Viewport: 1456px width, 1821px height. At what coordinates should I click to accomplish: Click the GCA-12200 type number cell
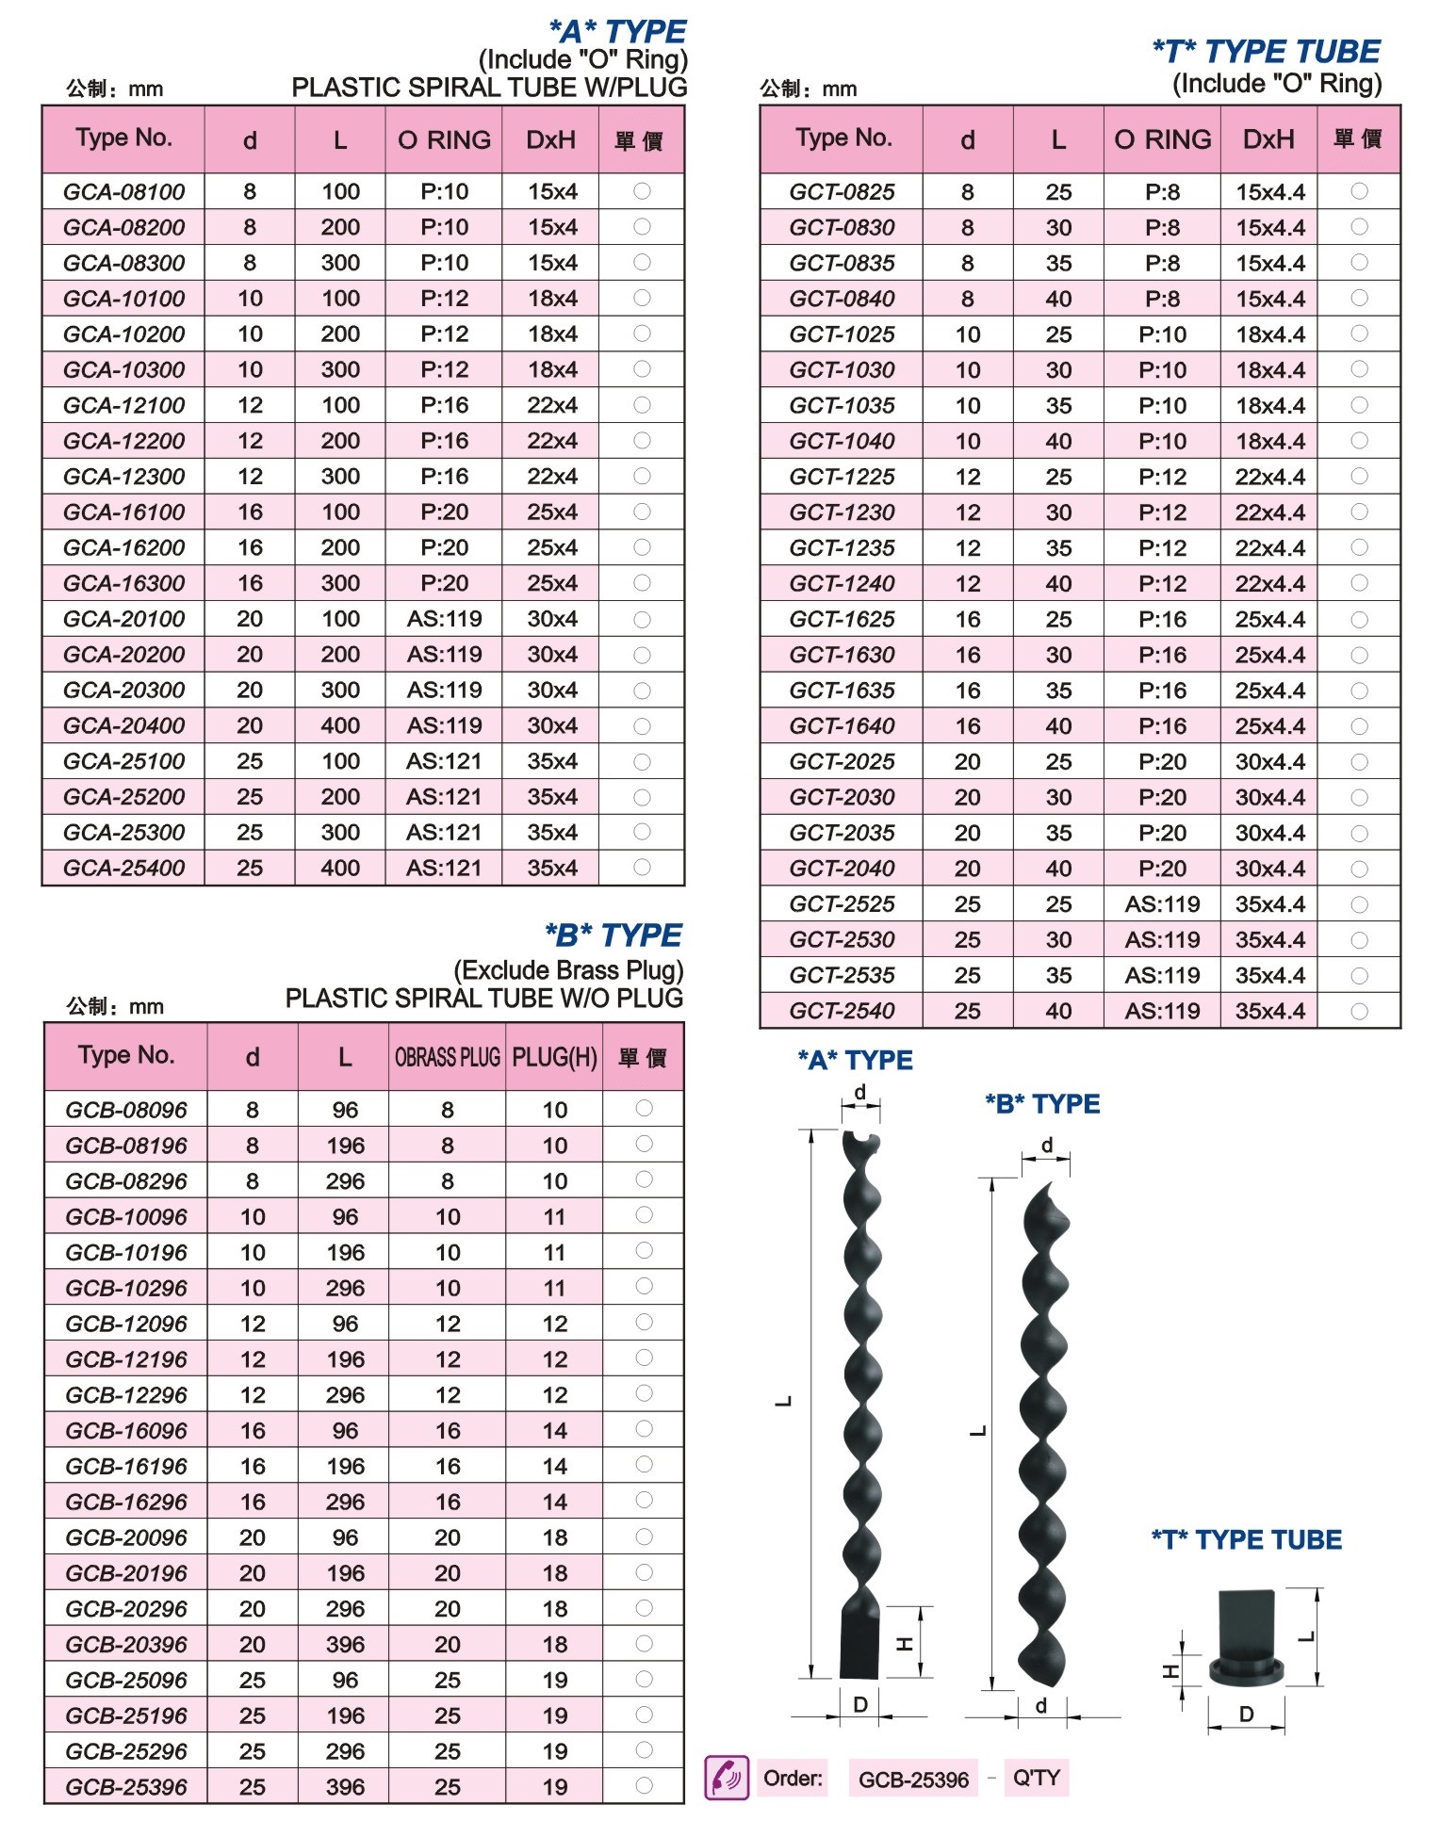pyautogui.click(x=123, y=441)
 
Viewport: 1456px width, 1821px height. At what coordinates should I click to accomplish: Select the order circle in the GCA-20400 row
pyautogui.click(x=642, y=726)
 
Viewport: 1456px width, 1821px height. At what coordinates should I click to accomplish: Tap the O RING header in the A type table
pyautogui.click(x=444, y=140)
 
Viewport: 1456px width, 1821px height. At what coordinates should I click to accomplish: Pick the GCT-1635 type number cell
pyautogui.click(x=842, y=691)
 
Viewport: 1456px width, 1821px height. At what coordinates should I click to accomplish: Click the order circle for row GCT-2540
pyautogui.click(x=1359, y=1011)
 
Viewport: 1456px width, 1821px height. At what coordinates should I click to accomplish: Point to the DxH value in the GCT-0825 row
pyautogui.click(x=1269, y=192)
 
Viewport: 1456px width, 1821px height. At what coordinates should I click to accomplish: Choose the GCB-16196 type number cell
pyautogui.click(x=126, y=1466)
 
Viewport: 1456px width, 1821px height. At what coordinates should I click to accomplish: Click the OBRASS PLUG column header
pyautogui.click(x=448, y=1057)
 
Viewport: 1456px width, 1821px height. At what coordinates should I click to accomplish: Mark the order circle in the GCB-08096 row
pyautogui.click(x=644, y=1109)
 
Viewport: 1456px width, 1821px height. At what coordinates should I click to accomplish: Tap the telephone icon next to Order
pyautogui.click(x=727, y=1778)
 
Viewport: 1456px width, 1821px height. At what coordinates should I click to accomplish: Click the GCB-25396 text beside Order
pyautogui.click(x=913, y=1780)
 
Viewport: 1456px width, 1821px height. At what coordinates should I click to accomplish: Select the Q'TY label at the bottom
pyautogui.click(x=1036, y=1778)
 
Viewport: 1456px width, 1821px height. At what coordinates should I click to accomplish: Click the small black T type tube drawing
pyautogui.click(x=1246, y=1639)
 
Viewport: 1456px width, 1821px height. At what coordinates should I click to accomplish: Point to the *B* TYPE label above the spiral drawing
pyautogui.click(x=1042, y=1103)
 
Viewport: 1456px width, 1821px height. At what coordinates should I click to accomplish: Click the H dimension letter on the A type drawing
pyautogui.click(x=905, y=1645)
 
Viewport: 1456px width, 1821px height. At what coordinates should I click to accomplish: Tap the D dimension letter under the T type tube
pyautogui.click(x=1246, y=1715)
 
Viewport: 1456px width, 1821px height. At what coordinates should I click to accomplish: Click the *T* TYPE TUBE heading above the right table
pyautogui.click(x=1266, y=52)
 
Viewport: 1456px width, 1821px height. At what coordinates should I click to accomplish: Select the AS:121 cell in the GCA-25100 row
pyautogui.click(x=444, y=761)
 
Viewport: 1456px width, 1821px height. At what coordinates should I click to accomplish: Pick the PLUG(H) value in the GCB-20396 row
pyautogui.click(x=554, y=1644)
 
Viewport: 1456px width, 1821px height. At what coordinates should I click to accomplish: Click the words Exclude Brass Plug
pyautogui.click(x=568, y=970)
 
